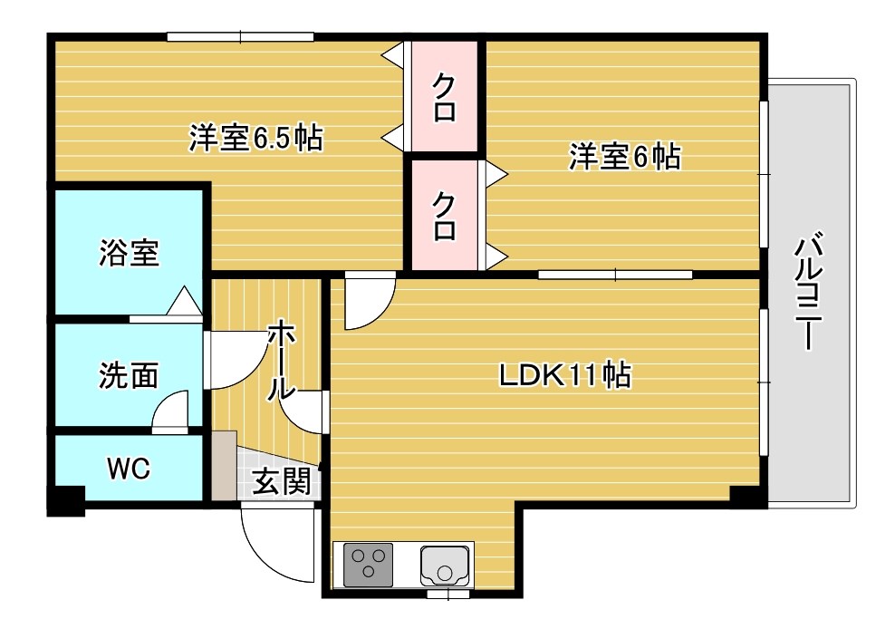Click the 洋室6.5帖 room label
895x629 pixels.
coord(255,138)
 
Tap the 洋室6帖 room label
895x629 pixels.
coord(624,156)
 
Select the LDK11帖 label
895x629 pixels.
coord(565,375)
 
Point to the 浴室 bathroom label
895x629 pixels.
coord(129,253)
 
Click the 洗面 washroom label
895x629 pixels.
coord(129,375)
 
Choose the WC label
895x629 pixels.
coord(129,469)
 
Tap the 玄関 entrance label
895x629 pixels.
coord(282,481)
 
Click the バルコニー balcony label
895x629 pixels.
coord(809,290)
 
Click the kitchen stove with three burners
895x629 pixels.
coord(368,565)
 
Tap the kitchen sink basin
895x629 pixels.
coord(445,566)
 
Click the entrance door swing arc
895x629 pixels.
coord(263,557)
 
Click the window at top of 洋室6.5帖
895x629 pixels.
coord(240,37)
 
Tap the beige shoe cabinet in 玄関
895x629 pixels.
coord(225,466)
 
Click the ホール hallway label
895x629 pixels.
coord(282,360)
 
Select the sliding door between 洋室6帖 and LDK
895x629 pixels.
coord(615,275)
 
